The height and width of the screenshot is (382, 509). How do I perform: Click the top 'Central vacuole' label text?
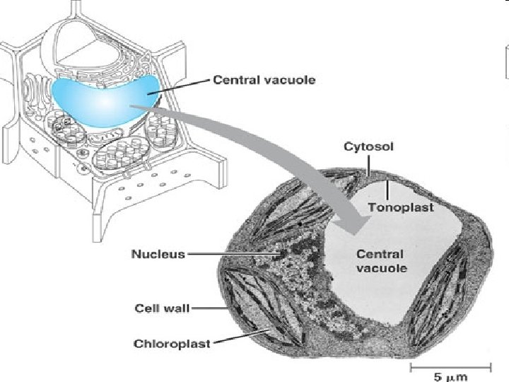tap(264, 81)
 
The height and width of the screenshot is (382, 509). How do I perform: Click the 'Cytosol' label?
tap(368, 147)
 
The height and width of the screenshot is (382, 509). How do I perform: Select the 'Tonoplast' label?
tap(400, 207)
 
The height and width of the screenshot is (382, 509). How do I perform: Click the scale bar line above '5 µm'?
tap(450, 366)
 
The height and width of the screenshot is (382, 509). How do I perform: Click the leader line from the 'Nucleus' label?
tap(233, 254)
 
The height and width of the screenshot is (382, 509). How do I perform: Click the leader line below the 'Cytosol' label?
tap(369, 163)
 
